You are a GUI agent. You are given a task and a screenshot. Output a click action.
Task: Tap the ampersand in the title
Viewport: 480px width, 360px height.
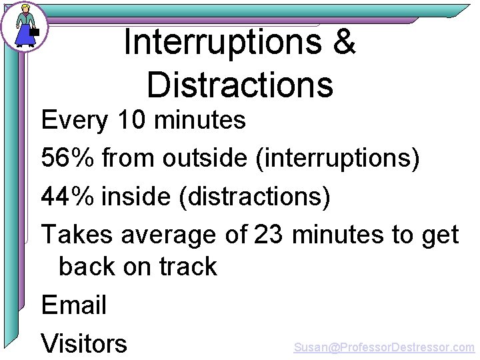343,43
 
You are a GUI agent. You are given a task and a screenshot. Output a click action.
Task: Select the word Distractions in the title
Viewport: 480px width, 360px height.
239,85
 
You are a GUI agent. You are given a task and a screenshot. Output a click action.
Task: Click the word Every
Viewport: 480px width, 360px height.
74,121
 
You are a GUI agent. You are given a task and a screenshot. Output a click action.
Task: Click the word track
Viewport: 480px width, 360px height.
185,267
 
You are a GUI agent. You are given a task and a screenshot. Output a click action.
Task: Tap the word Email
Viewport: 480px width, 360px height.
74,305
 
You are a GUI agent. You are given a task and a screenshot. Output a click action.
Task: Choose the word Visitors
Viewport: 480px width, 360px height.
84,343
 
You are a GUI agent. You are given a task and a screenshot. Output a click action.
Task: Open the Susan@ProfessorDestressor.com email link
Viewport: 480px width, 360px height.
384,347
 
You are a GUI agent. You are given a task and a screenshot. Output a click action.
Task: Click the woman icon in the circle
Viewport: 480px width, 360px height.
25,26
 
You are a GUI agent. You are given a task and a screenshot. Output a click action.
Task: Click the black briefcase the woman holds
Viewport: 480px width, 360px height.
35,31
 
